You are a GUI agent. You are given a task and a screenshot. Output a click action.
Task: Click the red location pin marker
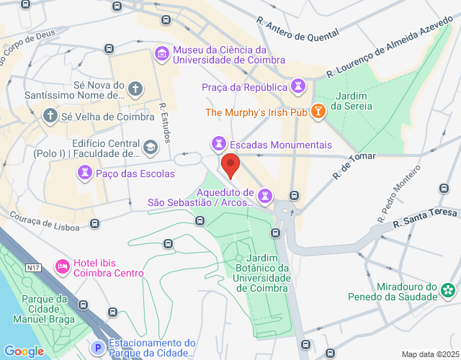pos(230,166)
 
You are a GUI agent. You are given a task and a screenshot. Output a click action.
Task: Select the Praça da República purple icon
pos(299,87)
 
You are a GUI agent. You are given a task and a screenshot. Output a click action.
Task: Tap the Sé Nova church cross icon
pos(135,89)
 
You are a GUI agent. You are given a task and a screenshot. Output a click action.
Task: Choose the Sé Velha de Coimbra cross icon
pos(50,115)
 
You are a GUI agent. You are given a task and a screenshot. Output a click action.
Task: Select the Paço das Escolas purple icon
pos(86,173)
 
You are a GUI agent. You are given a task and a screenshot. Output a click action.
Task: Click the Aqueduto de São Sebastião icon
pos(266,194)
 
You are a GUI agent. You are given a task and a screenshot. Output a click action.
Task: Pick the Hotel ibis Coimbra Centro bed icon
pos(62,267)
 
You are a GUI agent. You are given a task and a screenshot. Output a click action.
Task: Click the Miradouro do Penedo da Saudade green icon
pos(449,290)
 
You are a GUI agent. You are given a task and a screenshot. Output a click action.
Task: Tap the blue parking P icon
pos(99,348)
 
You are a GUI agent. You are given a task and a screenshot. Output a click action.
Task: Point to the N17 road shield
pos(32,268)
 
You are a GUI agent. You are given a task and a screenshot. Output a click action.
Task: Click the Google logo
pos(24,351)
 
